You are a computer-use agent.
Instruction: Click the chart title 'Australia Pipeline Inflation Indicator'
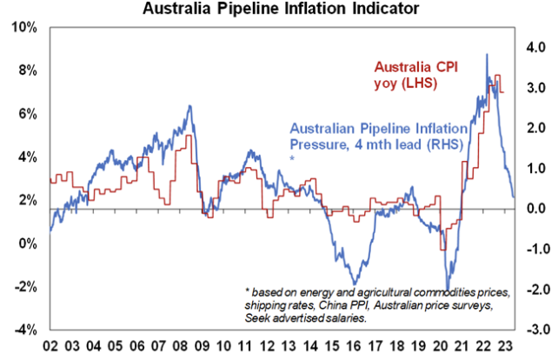coord(279,10)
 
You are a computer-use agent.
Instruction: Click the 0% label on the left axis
coord(28,243)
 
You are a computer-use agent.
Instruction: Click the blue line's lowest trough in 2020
coord(448,290)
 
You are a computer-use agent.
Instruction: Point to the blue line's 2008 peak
coord(189,106)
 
